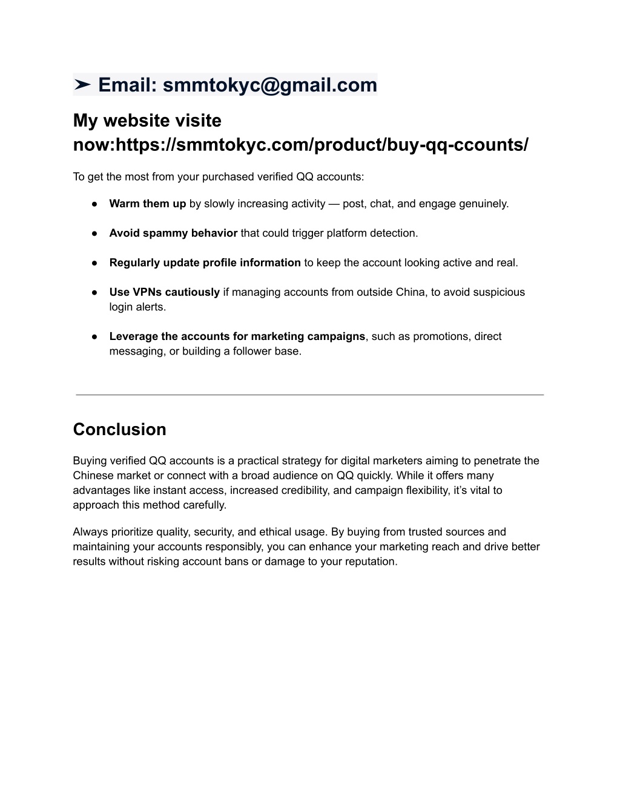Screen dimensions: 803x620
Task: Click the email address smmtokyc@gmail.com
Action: click(270, 85)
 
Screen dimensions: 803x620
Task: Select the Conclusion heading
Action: click(119, 429)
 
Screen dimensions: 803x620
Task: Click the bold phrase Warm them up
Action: click(147, 204)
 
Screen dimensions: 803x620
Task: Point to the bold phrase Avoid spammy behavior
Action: click(173, 233)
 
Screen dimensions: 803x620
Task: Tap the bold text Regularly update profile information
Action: click(205, 263)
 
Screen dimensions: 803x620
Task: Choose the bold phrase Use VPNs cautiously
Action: click(164, 292)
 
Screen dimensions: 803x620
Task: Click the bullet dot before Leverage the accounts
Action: click(95, 336)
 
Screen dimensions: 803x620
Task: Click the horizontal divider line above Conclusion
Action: click(309, 395)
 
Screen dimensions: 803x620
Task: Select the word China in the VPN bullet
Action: click(411, 292)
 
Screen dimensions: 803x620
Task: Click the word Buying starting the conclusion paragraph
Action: click(90, 461)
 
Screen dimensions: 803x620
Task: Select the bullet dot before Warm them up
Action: click(95, 204)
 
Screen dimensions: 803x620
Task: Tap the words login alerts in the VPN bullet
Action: click(137, 307)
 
